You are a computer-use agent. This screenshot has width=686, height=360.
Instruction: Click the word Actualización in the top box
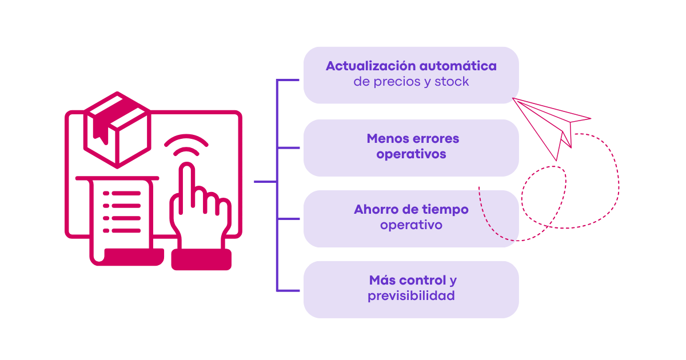point(370,66)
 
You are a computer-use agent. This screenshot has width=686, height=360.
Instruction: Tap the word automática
point(458,66)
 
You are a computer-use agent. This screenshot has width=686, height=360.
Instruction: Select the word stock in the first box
point(452,81)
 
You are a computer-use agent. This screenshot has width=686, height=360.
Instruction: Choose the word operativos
point(411,154)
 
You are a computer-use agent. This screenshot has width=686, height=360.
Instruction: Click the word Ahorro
point(376,209)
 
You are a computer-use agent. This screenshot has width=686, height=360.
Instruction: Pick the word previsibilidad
point(411,296)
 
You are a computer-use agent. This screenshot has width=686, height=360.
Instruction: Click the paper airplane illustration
point(551,129)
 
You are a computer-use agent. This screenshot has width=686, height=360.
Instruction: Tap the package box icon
point(117,130)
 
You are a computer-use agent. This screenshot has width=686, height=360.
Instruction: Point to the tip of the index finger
point(187,163)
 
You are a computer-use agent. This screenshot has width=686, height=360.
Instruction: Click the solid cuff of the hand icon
point(201,259)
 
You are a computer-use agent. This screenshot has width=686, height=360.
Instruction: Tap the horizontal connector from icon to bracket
point(265,182)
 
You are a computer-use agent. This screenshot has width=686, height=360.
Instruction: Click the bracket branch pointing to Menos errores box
point(288,148)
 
